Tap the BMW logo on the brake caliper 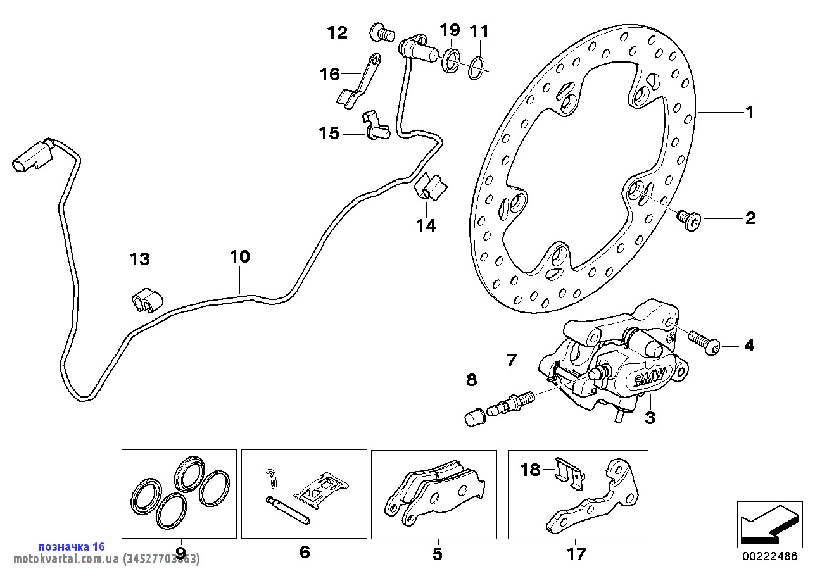(645, 380)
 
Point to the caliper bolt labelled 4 (702, 341)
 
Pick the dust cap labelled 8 (474, 418)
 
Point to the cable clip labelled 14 (431, 185)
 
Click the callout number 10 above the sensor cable (240, 258)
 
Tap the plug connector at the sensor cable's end (28, 156)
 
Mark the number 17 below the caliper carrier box (576, 554)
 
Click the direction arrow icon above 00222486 (767, 523)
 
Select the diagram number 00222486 (770, 556)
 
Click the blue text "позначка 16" (72, 546)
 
